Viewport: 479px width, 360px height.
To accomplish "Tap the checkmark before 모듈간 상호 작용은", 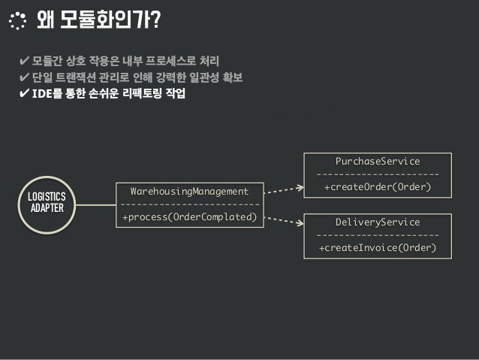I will [x=25, y=60].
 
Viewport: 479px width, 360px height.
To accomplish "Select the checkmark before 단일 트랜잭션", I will [x=25, y=78].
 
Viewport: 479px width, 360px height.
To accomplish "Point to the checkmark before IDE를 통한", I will [x=25, y=95].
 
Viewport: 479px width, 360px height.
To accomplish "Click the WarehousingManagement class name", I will [x=189, y=192].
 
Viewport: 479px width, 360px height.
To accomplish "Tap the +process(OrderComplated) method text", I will [x=189, y=218].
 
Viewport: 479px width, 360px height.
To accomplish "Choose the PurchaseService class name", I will [x=378, y=161].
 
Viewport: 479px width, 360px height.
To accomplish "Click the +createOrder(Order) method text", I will [x=378, y=186].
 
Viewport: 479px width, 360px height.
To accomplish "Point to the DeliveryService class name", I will [x=378, y=222].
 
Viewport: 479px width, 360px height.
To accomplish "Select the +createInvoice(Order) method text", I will [x=378, y=248].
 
